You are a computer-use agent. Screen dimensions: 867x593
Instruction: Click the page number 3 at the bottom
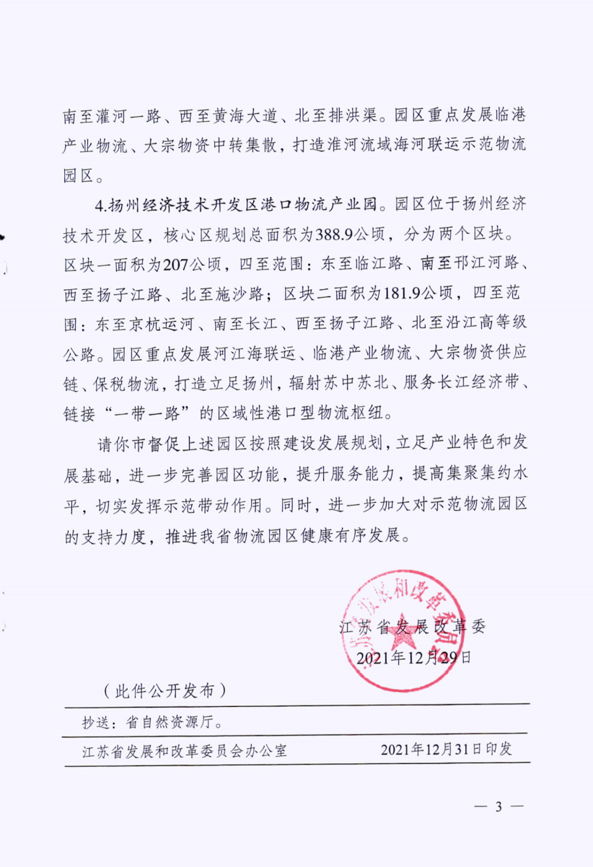497,806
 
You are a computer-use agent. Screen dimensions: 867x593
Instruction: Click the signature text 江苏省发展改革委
413,625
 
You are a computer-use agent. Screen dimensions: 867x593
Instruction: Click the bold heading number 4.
99,206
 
